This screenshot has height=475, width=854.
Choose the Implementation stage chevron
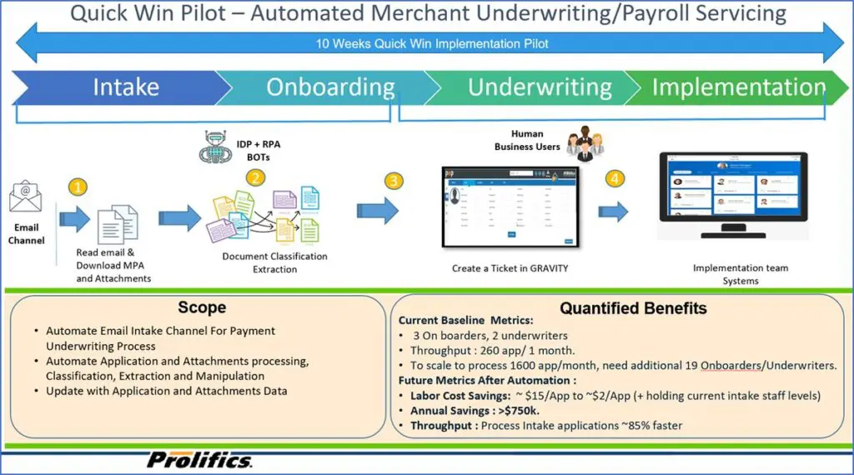coord(734,87)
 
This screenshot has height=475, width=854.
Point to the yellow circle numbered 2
coord(255,177)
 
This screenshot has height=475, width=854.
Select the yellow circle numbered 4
coord(615,178)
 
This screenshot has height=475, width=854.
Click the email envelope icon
coord(25,198)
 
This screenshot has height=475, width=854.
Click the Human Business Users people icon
coord(582,142)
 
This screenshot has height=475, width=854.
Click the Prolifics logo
coord(200,460)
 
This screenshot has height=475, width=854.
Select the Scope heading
coord(202,307)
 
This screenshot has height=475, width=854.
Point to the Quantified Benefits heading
coord(633,308)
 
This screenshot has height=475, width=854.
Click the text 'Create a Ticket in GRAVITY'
coord(510,267)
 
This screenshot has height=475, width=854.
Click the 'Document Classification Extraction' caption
coord(274,262)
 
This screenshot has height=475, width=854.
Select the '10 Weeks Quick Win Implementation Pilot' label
coord(432,44)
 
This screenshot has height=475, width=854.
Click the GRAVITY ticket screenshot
coord(510,207)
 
